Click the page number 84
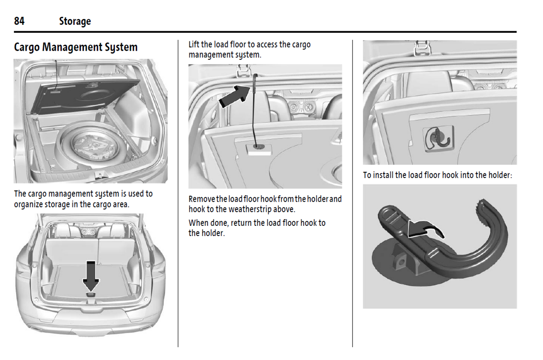pos(19,21)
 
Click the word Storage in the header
pos(75,21)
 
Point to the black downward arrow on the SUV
pos(91,275)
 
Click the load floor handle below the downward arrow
pos(91,295)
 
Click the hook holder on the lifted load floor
pos(259,147)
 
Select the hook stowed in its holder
pos(438,138)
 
